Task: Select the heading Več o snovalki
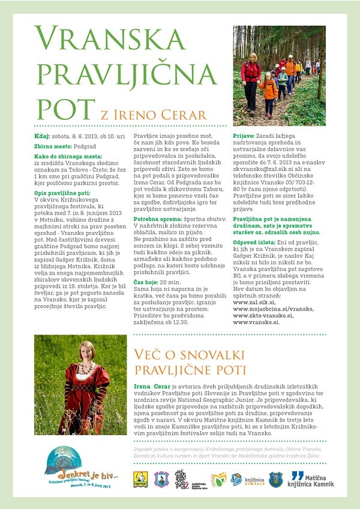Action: [179, 354]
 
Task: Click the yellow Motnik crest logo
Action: [140, 478]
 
